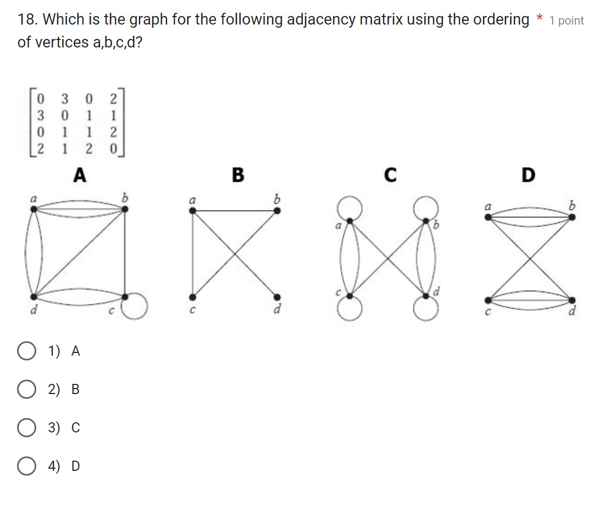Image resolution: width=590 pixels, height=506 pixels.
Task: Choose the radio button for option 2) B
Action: (27, 389)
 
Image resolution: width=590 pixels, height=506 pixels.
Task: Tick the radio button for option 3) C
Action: (27, 428)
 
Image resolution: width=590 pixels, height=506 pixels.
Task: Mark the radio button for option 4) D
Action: (27, 466)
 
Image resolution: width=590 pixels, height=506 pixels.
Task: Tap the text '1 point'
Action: (567, 21)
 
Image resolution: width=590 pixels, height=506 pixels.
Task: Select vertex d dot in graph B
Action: (277, 296)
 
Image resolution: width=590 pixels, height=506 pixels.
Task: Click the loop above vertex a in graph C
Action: (350, 207)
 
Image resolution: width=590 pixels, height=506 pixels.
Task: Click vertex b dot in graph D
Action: (571, 217)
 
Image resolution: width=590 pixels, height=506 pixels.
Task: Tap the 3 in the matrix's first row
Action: (64, 99)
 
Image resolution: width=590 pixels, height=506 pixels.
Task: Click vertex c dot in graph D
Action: (486, 300)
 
